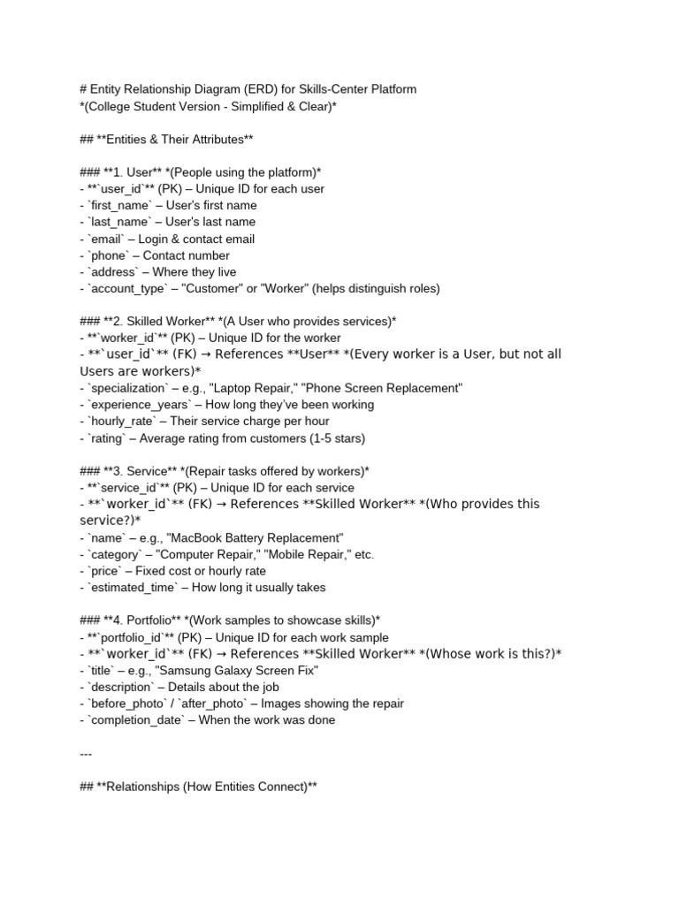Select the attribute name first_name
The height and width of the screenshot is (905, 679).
[121, 206]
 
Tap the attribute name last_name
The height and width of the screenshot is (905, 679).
[120, 222]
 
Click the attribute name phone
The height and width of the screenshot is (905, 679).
[109, 255]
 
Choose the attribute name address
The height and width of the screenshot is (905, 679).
[113, 272]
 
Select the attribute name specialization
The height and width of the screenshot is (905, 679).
[129, 388]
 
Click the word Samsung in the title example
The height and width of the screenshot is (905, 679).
[184, 671]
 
